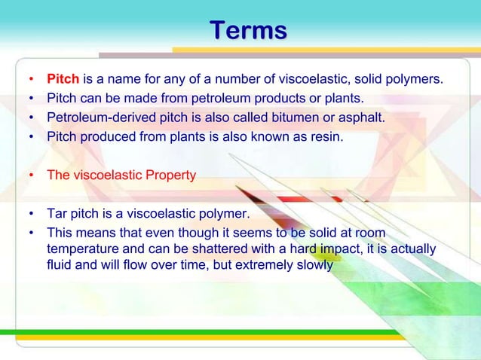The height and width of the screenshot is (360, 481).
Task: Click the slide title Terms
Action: (x=248, y=31)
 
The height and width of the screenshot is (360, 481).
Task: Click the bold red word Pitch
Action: (x=63, y=79)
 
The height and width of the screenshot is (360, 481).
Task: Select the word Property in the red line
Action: (x=170, y=175)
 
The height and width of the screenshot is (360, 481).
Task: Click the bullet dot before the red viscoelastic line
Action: (x=31, y=176)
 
